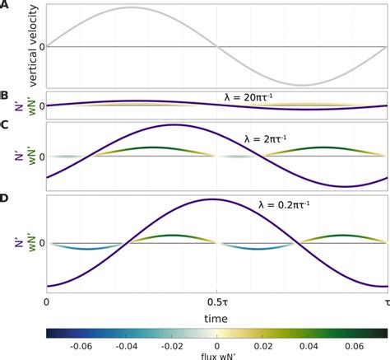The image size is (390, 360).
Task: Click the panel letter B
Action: (x=5, y=97)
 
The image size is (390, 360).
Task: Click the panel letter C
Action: (x=5, y=125)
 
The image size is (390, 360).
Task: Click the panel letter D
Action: (x=5, y=198)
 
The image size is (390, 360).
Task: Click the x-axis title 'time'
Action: (x=216, y=316)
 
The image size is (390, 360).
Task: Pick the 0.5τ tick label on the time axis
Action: (x=216, y=302)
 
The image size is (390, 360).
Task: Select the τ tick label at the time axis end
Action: (x=385, y=302)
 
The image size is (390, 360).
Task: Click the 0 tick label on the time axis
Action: (x=47, y=302)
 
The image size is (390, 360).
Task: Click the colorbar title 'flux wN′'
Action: (x=216, y=356)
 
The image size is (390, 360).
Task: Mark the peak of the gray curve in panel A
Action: (x=132, y=8)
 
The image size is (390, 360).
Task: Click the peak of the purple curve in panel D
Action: (x=216, y=199)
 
